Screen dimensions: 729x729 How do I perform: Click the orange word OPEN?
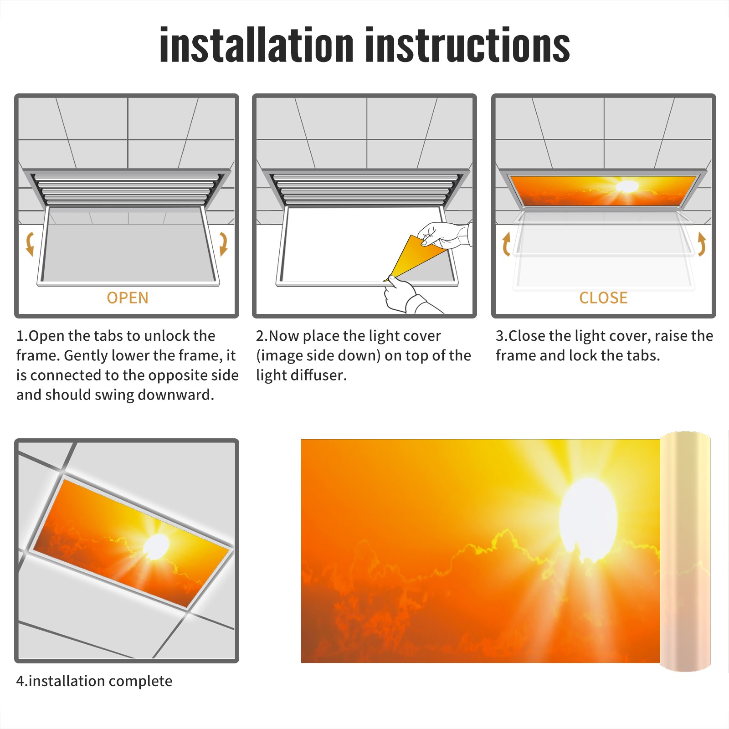[128, 298]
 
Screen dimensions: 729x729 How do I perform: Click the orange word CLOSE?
[603, 298]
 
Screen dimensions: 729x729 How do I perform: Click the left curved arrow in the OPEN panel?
[30, 244]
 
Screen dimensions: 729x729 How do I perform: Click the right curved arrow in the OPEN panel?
[223, 244]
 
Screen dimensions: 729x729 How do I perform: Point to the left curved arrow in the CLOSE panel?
[506, 244]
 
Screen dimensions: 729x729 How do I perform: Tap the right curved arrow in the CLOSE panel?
[702, 244]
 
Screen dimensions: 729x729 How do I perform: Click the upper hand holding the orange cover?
[444, 235]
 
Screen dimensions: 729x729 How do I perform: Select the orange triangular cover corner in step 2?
[413, 256]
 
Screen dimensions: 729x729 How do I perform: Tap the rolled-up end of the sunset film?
[685, 551]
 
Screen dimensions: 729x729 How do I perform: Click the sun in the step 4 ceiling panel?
[157, 546]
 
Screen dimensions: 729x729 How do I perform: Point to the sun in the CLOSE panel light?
[627, 186]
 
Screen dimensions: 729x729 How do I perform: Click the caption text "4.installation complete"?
[94, 681]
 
